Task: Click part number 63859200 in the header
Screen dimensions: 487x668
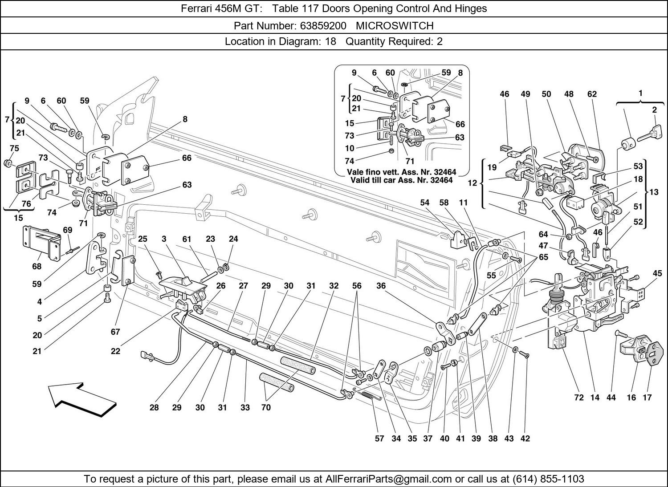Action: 323,25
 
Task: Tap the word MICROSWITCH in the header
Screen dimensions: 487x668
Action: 395,25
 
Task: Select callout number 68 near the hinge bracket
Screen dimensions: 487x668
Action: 37,266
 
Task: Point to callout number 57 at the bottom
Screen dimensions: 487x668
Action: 379,438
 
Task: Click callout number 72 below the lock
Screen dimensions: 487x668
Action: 578,398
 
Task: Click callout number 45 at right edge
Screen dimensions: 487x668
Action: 657,273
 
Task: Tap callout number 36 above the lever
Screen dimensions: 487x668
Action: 381,286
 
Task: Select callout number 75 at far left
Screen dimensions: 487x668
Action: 14,148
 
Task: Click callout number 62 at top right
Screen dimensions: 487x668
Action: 592,94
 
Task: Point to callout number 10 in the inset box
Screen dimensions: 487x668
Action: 349,148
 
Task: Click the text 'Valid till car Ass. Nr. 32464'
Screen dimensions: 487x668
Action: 401,180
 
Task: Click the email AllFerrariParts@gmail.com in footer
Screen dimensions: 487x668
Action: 389,479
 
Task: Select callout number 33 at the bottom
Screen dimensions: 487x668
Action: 245,407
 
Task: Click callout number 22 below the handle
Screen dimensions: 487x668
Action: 115,351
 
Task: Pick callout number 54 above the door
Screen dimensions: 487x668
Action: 424,203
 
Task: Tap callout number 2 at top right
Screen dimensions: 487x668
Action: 654,110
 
